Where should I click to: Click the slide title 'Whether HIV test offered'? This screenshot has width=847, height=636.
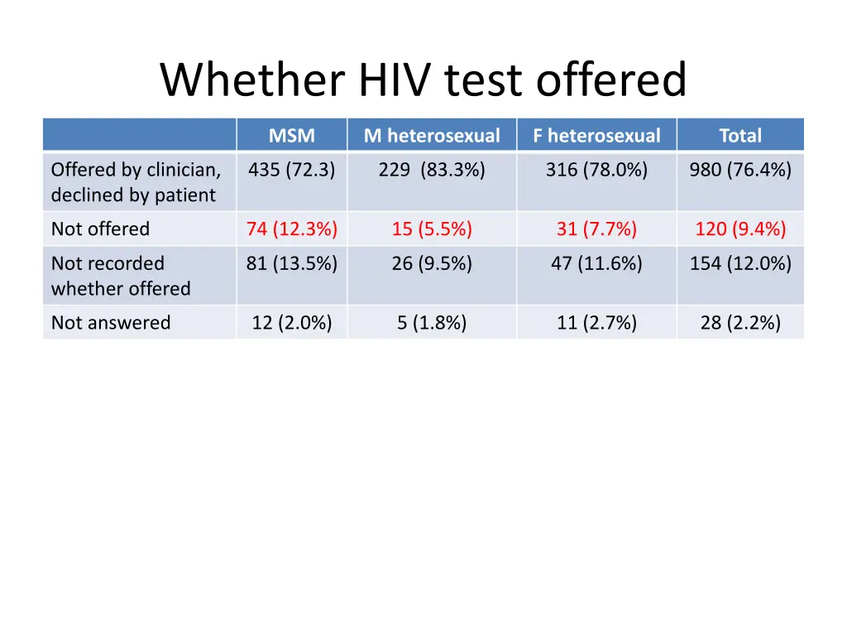point(423,81)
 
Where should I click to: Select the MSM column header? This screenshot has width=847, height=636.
point(291,136)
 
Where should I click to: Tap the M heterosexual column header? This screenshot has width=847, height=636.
point(432,136)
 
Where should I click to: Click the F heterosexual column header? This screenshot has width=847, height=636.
point(596,136)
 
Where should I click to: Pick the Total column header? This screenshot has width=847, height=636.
point(739,136)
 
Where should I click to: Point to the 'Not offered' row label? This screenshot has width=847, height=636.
point(101,229)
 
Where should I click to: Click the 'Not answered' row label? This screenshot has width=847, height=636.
point(111,323)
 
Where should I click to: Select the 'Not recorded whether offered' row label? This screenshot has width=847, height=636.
point(121,276)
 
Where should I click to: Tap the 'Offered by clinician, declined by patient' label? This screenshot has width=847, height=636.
point(136,182)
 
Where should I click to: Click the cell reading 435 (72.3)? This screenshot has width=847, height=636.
point(291,171)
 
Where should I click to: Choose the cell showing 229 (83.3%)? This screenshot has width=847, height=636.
point(432,171)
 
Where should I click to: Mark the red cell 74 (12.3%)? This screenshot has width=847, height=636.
point(291,229)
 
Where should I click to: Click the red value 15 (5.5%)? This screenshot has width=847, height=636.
point(432,229)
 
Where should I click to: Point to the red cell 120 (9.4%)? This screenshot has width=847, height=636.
point(740,229)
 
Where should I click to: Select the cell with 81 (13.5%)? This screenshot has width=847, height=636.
point(291,264)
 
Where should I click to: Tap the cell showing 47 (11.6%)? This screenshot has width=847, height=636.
point(596,264)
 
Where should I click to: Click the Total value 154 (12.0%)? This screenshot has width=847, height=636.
point(740,264)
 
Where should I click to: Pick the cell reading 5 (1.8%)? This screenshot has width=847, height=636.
point(432,323)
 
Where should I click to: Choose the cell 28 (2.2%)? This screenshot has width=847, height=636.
point(740,323)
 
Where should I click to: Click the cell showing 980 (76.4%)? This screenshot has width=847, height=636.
point(740,171)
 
